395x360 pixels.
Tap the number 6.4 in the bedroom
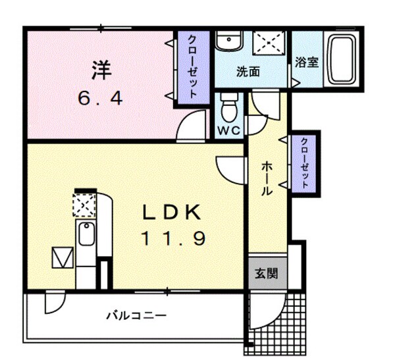(x=99, y=99)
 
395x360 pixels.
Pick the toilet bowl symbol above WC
(x=228, y=105)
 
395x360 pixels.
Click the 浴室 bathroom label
(x=307, y=64)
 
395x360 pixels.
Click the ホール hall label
(x=267, y=178)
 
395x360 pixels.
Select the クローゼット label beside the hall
(x=303, y=163)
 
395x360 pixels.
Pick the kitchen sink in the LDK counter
(x=86, y=235)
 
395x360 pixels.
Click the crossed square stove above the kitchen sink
(x=84, y=205)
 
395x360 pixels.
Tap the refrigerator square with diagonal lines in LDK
(x=61, y=257)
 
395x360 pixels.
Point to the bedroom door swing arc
(x=190, y=125)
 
